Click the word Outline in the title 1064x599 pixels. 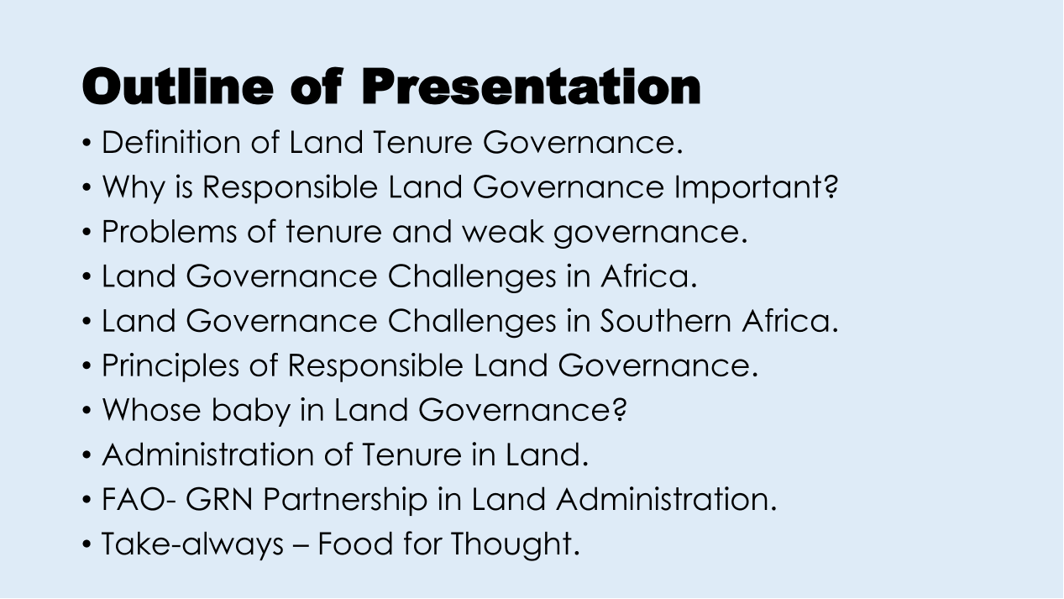point(178,86)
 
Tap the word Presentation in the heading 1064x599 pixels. point(531,86)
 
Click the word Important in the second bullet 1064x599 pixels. point(751,187)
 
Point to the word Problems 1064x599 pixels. point(169,231)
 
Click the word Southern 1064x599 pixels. point(665,321)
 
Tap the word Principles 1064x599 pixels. point(170,365)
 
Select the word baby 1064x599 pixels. point(251,410)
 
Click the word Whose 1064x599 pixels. point(151,410)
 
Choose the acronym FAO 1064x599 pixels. point(134,499)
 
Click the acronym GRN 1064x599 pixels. point(219,499)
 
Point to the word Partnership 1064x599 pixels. point(345,499)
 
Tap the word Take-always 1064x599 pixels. point(192,544)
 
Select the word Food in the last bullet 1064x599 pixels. point(355,544)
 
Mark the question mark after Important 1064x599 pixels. point(832,187)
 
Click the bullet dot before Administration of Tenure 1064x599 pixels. point(86,455)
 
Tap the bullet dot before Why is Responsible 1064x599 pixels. point(86,187)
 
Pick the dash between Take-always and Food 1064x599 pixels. point(301,546)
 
